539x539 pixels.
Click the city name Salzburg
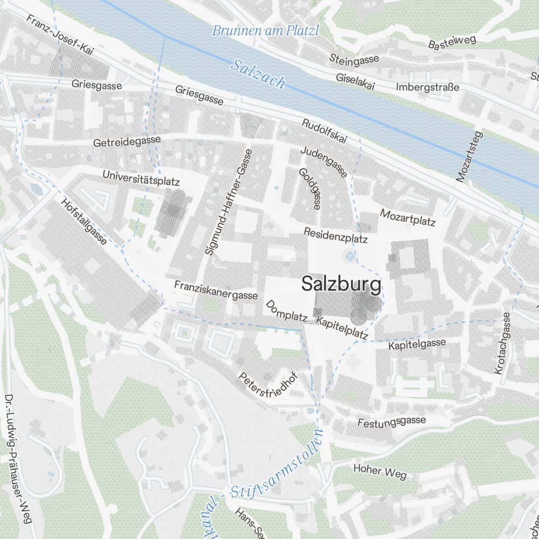[341, 284]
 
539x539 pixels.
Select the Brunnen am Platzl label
[265, 31]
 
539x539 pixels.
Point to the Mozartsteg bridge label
[468, 155]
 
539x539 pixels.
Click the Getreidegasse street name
[127, 142]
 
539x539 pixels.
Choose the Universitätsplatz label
[141, 177]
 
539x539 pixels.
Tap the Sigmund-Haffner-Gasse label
[229, 202]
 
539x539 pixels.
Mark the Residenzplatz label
[335, 235]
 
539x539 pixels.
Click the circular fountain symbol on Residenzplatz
[351, 257]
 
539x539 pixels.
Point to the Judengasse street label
[323, 161]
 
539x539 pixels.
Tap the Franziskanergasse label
[216, 289]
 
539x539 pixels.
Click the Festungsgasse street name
[392, 421]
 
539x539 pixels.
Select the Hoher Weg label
[380, 471]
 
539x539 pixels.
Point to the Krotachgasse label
[501, 343]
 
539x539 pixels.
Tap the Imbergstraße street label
[427, 87]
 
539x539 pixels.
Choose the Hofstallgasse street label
[85, 221]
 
